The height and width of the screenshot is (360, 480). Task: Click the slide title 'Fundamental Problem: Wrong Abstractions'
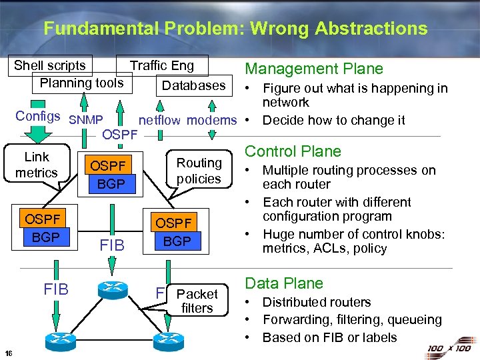[x=235, y=29]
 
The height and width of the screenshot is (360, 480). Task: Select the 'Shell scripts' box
[x=50, y=65]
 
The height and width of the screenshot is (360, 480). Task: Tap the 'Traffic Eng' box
[x=162, y=65]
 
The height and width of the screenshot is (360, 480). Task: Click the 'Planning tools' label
[x=81, y=83]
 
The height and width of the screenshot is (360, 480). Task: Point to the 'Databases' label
[x=194, y=85]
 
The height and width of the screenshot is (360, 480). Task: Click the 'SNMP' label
[x=86, y=120]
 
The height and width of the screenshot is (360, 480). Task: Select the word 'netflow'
[x=160, y=120]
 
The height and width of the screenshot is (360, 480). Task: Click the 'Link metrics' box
[x=37, y=165]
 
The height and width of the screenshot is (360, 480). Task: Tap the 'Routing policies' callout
[x=199, y=171]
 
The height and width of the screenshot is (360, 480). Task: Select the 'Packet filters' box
[x=197, y=301]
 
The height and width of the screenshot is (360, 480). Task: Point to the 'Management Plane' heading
[x=314, y=69]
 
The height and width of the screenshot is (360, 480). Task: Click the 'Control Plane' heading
[x=293, y=151]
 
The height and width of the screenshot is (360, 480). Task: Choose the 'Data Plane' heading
[x=284, y=283]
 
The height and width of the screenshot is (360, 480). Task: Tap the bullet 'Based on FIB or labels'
[x=329, y=337]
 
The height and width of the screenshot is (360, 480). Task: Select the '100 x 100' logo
[x=450, y=349]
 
